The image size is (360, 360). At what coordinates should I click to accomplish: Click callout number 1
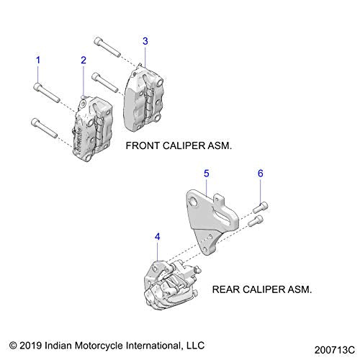click(x=40, y=59)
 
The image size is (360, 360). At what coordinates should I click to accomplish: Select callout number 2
click(x=84, y=59)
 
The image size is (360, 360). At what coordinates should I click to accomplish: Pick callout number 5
click(x=206, y=174)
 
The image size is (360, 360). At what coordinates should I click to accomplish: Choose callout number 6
click(x=261, y=174)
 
